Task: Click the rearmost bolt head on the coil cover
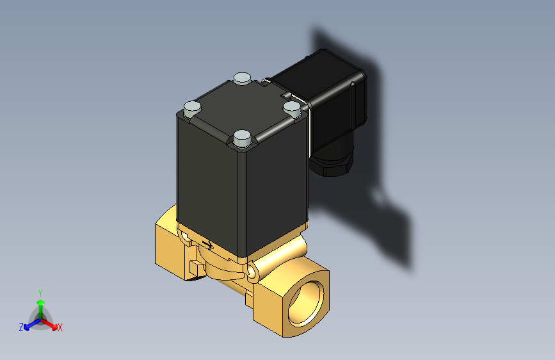click(241, 78)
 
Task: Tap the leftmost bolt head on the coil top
click(192, 107)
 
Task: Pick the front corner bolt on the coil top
click(241, 136)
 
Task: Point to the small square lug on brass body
click(195, 267)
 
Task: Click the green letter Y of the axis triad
click(40, 291)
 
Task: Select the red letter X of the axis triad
click(60, 327)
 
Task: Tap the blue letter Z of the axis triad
click(21, 327)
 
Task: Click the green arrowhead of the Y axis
click(40, 302)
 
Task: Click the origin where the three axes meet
click(40, 318)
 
